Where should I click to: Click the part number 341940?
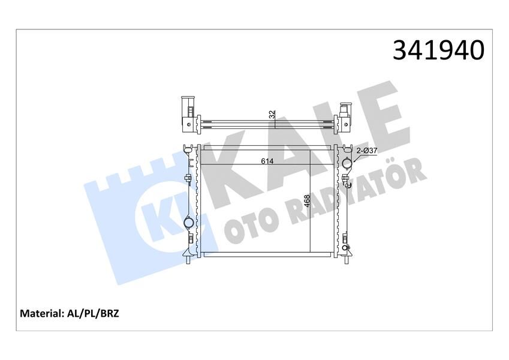[438, 50]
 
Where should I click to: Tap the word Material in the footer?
[43, 313]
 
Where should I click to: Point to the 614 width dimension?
[267, 161]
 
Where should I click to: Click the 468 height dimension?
[307, 201]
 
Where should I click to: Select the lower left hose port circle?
[189, 224]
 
